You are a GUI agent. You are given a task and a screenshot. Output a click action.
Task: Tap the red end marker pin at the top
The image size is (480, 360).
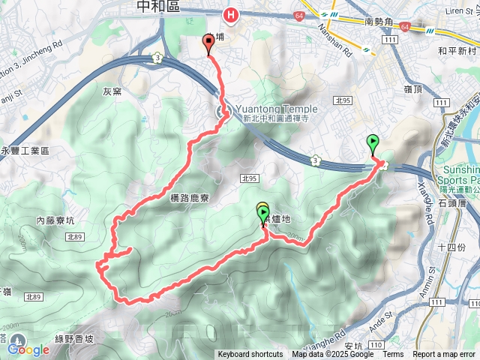click(208, 43)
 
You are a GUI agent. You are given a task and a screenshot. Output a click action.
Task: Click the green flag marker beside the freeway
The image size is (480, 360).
click(372, 142)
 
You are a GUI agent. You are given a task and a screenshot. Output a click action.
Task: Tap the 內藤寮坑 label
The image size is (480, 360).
click(56, 220)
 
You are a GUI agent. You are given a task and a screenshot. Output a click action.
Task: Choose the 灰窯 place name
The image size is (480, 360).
click(112, 92)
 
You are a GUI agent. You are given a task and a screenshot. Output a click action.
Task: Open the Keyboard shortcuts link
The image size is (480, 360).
click(250, 355)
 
